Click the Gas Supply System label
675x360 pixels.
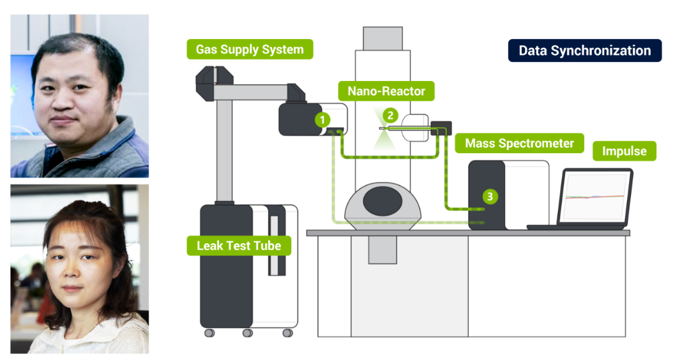point(250,50)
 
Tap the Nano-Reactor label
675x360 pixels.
point(386,91)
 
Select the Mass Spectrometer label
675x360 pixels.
point(519,144)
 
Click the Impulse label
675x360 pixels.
point(624,151)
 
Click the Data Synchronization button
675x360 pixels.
point(584,51)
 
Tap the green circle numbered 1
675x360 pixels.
point(323,119)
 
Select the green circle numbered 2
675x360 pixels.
point(390,116)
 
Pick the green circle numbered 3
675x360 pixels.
point(489,197)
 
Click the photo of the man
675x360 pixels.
point(80,96)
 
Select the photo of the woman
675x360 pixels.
point(80,269)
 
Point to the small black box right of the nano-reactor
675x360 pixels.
point(441,126)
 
